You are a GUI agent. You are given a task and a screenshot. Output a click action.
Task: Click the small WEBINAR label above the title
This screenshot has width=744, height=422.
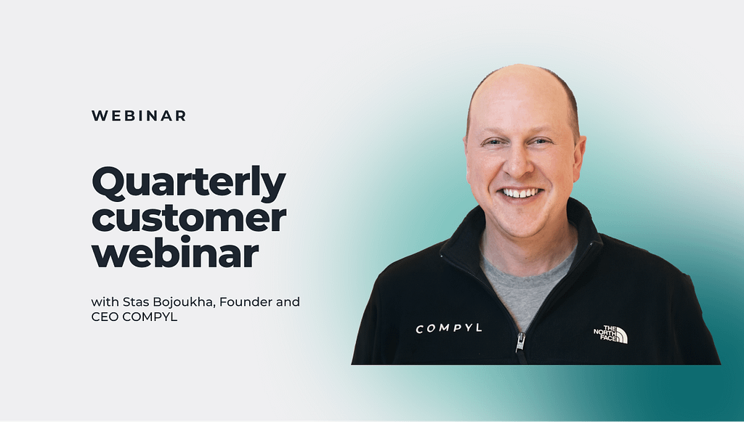[139, 115]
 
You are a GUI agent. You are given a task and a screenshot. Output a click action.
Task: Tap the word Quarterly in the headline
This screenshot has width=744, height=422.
[189, 182]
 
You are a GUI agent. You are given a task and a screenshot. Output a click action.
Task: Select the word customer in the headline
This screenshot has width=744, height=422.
[189, 218]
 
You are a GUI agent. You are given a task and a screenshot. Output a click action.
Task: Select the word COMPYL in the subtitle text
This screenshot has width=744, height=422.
[150, 317]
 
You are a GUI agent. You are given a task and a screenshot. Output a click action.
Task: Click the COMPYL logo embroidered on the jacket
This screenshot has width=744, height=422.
[449, 328]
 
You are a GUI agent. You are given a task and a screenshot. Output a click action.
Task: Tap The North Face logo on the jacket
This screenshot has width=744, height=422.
[610, 334]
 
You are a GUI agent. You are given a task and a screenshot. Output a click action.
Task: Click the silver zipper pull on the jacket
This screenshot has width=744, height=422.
[520, 342]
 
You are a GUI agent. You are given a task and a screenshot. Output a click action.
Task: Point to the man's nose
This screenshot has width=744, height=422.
[517, 161]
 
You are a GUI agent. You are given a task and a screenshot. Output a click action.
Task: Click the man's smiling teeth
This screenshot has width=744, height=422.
[521, 193]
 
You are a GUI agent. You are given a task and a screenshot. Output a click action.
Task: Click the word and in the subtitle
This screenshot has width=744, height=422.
[288, 301]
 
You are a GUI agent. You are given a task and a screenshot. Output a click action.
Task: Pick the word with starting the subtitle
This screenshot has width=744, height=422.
[105, 301]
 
